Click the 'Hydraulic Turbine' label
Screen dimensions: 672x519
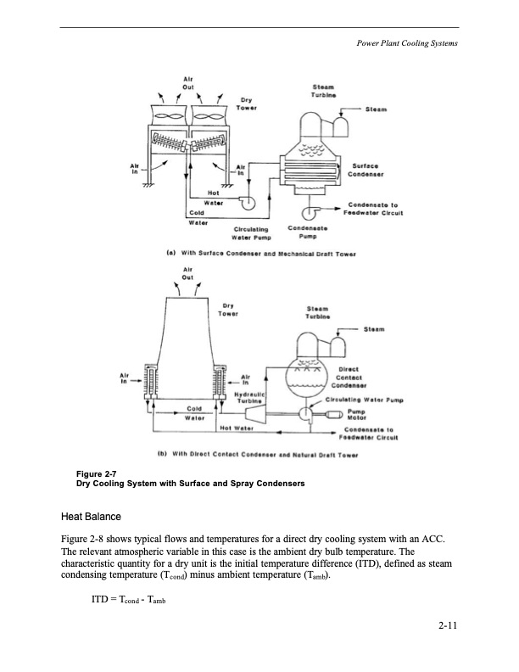(254, 397)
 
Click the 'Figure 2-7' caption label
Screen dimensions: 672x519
(85, 474)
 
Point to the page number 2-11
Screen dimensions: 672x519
(448, 627)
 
